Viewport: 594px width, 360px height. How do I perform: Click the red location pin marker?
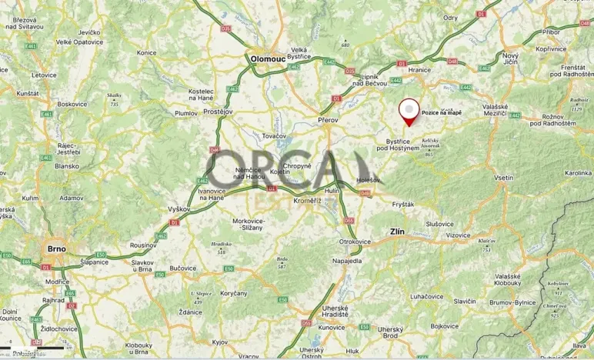[x=408, y=112]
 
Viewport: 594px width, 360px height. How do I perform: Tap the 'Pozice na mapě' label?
[x=442, y=112]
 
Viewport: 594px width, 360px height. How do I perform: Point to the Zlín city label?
[x=397, y=231]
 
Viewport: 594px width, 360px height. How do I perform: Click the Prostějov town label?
[x=217, y=112]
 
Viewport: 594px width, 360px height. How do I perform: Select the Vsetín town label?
[x=503, y=178]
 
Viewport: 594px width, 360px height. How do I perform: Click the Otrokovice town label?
[x=355, y=241]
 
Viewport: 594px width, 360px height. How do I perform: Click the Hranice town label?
[x=419, y=69]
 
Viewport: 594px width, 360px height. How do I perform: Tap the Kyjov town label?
[x=221, y=341]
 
